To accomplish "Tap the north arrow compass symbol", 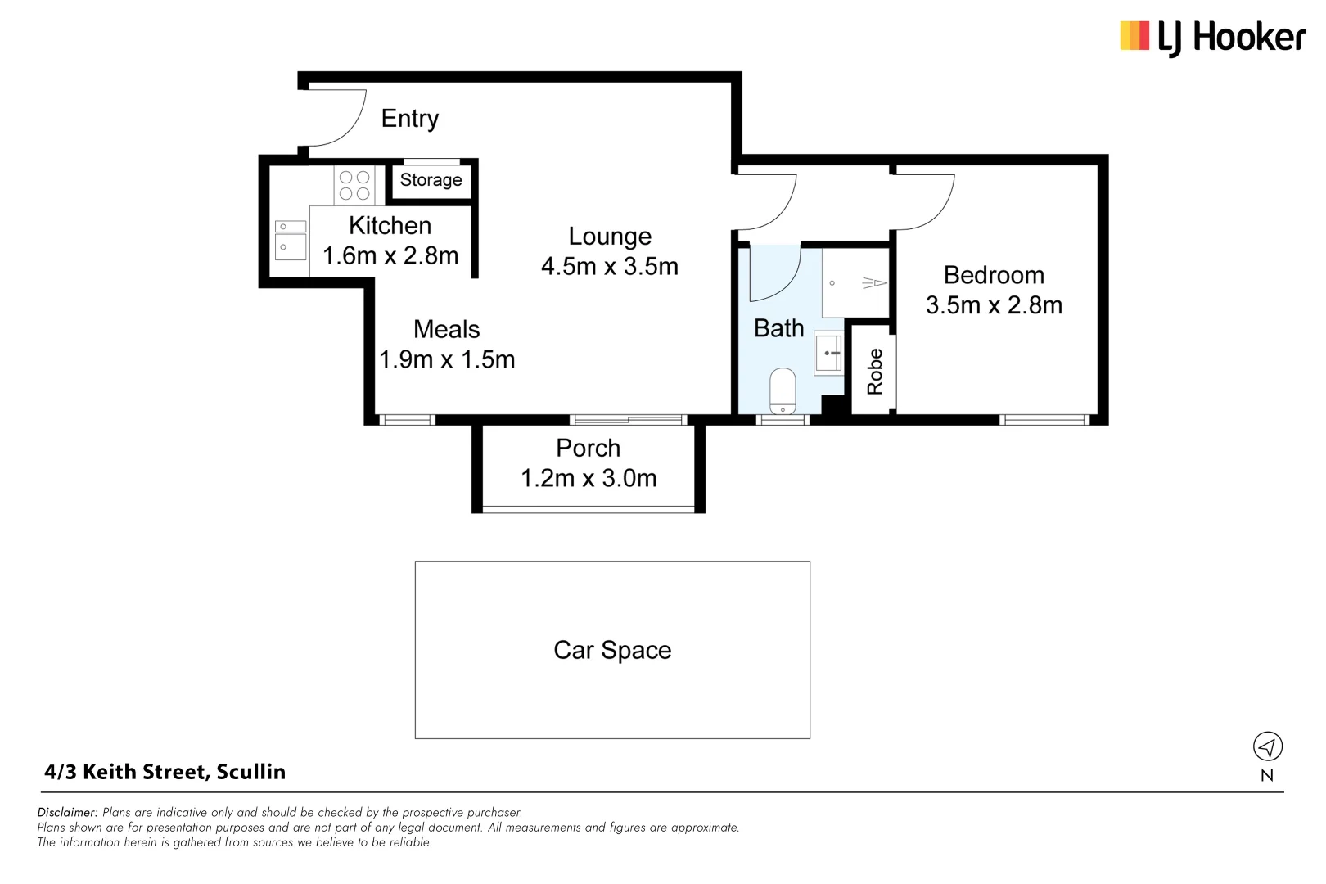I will click(x=1267, y=746).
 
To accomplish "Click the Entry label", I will click(x=409, y=119).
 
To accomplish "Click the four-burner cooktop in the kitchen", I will click(x=354, y=185).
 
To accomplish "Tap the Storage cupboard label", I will click(x=431, y=180).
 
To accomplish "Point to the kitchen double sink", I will click(x=290, y=238).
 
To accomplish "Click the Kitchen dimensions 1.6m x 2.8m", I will click(x=390, y=256).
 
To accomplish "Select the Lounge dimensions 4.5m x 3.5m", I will click(x=610, y=267).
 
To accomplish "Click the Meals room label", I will click(x=446, y=329).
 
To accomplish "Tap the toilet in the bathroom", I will click(x=783, y=391).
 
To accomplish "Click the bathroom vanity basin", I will click(x=828, y=354).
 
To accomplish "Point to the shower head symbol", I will click(x=874, y=283).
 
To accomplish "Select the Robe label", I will click(x=875, y=371).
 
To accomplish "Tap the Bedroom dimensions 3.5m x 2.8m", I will click(x=994, y=305).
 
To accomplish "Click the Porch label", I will click(x=588, y=449).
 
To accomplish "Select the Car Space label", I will click(x=612, y=650).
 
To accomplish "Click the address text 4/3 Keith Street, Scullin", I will click(x=165, y=772).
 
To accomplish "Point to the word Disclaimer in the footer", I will click(x=67, y=813).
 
